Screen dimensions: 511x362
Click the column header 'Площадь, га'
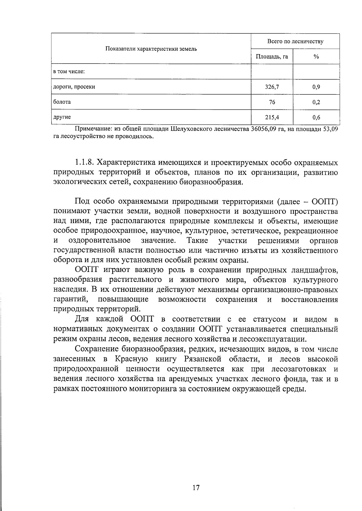point(272,56)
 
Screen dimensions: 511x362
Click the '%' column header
point(316,56)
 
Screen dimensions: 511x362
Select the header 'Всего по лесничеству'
point(295,41)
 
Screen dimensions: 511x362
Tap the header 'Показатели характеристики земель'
point(151,49)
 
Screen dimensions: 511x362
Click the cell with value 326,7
point(272,87)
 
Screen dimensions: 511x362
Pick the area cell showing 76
point(272,102)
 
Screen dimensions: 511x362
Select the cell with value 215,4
point(272,117)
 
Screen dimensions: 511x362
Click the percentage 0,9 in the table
point(316,87)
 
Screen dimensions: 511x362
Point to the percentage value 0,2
point(316,102)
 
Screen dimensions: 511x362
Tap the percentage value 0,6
point(316,117)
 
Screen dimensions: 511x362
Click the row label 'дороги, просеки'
point(74,87)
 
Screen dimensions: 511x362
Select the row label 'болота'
point(62,102)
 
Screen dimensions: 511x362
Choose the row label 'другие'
point(62,117)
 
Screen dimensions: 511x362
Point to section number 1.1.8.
point(84,163)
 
